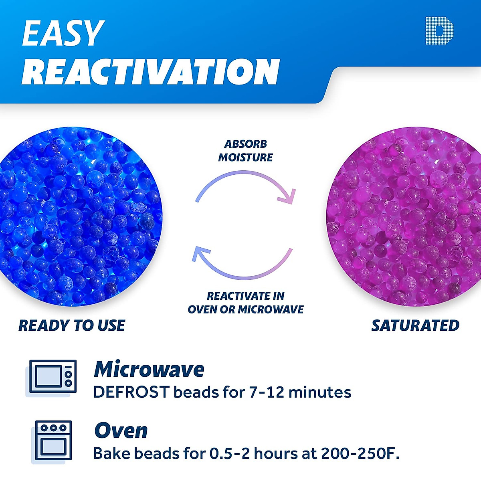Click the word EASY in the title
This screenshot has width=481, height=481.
[63, 33]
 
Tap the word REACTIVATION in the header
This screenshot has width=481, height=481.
[151, 72]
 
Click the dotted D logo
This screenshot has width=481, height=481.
[439, 30]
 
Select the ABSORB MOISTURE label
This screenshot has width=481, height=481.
[245, 151]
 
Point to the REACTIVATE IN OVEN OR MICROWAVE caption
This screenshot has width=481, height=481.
[245, 303]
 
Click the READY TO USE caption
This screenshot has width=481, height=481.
[72, 325]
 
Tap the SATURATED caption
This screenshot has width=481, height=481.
[415, 325]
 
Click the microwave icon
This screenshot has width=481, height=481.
[53, 377]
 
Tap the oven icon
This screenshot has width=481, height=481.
[53, 441]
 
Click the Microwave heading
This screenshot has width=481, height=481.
[149, 369]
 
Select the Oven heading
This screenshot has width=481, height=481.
[121, 431]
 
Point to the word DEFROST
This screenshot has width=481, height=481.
[131, 392]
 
